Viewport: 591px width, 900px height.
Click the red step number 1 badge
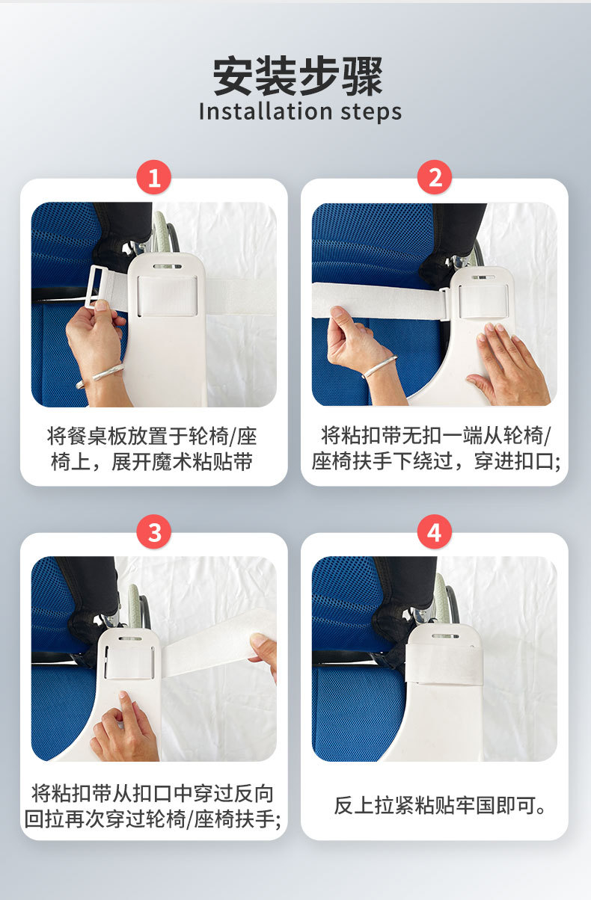click(x=153, y=177)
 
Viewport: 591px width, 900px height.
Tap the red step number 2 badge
click(x=434, y=177)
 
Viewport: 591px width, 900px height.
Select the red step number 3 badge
click(x=153, y=531)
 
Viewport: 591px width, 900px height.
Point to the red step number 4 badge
click(x=434, y=531)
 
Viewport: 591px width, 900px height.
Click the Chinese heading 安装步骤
click(x=298, y=76)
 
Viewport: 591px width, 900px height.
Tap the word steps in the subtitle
click(x=371, y=112)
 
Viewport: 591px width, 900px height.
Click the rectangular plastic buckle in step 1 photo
click(x=98, y=286)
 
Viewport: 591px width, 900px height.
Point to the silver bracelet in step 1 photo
click(x=100, y=375)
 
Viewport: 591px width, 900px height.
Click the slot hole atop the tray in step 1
click(x=168, y=266)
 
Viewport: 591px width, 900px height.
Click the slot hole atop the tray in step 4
click(x=445, y=636)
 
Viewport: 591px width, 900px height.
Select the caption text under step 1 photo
click(x=152, y=449)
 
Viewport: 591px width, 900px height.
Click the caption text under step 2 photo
click(x=436, y=448)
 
